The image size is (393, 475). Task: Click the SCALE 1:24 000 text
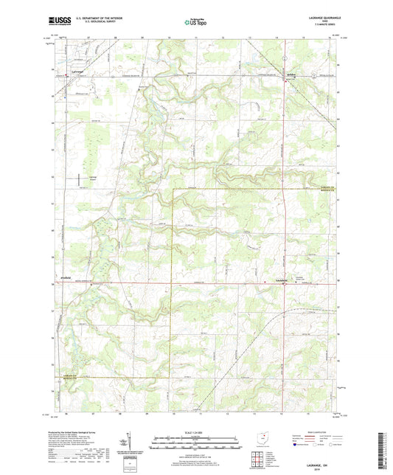click(x=196, y=431)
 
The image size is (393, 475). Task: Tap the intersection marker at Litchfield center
click(x=285, y=283)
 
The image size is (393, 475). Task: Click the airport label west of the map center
click(x=92, y=178)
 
